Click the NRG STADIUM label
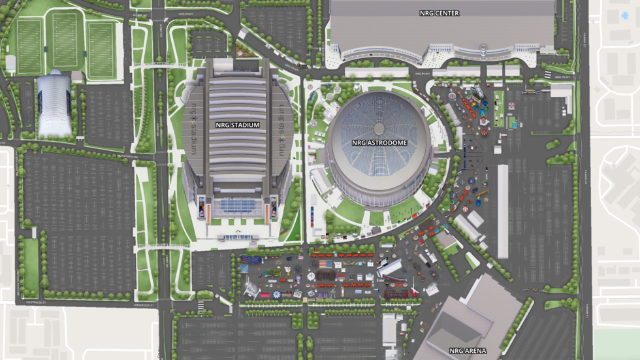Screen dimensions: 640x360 pyautogui.click(x=238, y=124)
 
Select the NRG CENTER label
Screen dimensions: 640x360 pyautogui.click(x=439, y=13)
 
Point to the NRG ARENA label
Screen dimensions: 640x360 pyautogui.click(x=466, y=351)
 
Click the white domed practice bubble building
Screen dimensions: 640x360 pyautogui.click(x=54, y=104)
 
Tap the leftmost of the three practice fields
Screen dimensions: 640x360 pyautogui.click(x=29, y=46)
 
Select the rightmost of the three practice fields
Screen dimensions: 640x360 pyautogui.click(x=101, y=50)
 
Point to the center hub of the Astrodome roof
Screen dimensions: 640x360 pyautogui.click(x=379, y=125)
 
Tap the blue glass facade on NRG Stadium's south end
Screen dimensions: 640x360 pyautogui.click(x=238, y=206)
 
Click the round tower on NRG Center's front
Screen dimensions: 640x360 pyautogui.click(x=483, y=50)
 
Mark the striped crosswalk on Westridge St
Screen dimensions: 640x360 pyautogui.click(x=201, y=305)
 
